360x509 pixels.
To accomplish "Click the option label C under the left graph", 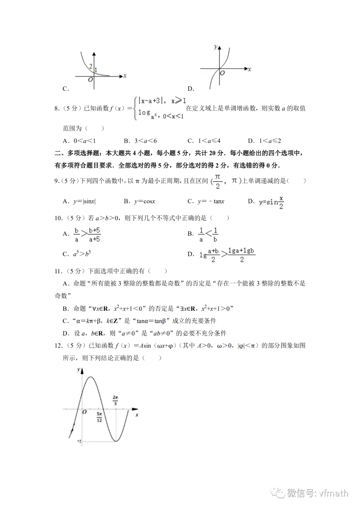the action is [66, 89].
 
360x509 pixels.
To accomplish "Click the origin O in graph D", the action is [222, 73].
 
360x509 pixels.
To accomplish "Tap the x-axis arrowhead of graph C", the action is [121, 76].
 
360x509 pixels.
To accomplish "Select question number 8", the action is [57, 108].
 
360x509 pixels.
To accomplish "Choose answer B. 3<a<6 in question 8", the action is [140, 141].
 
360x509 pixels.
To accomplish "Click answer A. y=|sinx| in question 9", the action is [79, 201].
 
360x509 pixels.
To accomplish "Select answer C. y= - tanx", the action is [206, 201].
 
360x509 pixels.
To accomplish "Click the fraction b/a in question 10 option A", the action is [77, 235].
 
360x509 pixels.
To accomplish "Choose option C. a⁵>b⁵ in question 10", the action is [77, 254].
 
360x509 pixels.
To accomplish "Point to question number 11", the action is [58, 271].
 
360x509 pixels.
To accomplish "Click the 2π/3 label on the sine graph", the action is [115, 400].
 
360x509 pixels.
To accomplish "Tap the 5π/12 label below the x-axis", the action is [99, 417].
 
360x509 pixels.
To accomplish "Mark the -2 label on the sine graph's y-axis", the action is [79, 441].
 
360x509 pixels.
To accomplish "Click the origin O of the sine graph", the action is [85, 412].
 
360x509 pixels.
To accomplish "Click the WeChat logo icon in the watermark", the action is [277, 493].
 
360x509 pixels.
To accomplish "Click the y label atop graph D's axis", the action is [215, 47].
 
